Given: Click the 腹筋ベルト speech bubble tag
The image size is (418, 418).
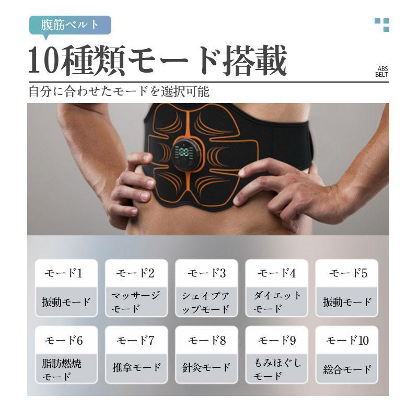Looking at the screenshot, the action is [70, 25].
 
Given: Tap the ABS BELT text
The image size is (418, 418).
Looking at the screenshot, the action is [381, 72].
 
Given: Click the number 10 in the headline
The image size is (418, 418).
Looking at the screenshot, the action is [43, 61].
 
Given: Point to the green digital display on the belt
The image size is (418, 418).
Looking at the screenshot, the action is [184, 152].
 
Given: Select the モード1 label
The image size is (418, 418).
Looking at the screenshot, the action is [63, 273].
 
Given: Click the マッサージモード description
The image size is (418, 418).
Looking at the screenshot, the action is [136, 302].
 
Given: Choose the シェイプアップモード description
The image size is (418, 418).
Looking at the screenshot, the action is [206, 303].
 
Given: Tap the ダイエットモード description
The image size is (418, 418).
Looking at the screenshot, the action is [277, 302].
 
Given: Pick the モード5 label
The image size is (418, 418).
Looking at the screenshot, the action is [348, 273].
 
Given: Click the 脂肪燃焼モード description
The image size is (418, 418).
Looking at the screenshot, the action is [62, 370].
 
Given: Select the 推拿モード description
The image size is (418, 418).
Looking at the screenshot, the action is [137, 368].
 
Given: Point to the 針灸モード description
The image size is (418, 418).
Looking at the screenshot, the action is [206, 368].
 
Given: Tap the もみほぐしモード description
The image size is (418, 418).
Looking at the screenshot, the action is [277, 369].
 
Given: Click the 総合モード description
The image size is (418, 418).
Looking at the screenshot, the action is [347, 369].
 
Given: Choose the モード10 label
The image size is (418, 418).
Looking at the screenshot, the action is [347, 341].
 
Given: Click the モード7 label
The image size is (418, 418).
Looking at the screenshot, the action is [135, 341].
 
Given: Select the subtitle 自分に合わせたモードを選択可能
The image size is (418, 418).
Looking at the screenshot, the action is [119, 91].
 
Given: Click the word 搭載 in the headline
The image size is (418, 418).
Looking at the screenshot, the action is [255, 61].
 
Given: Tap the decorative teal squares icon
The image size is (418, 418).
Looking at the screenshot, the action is [382, 25].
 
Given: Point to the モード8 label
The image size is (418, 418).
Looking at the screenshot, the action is [206, 341].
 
